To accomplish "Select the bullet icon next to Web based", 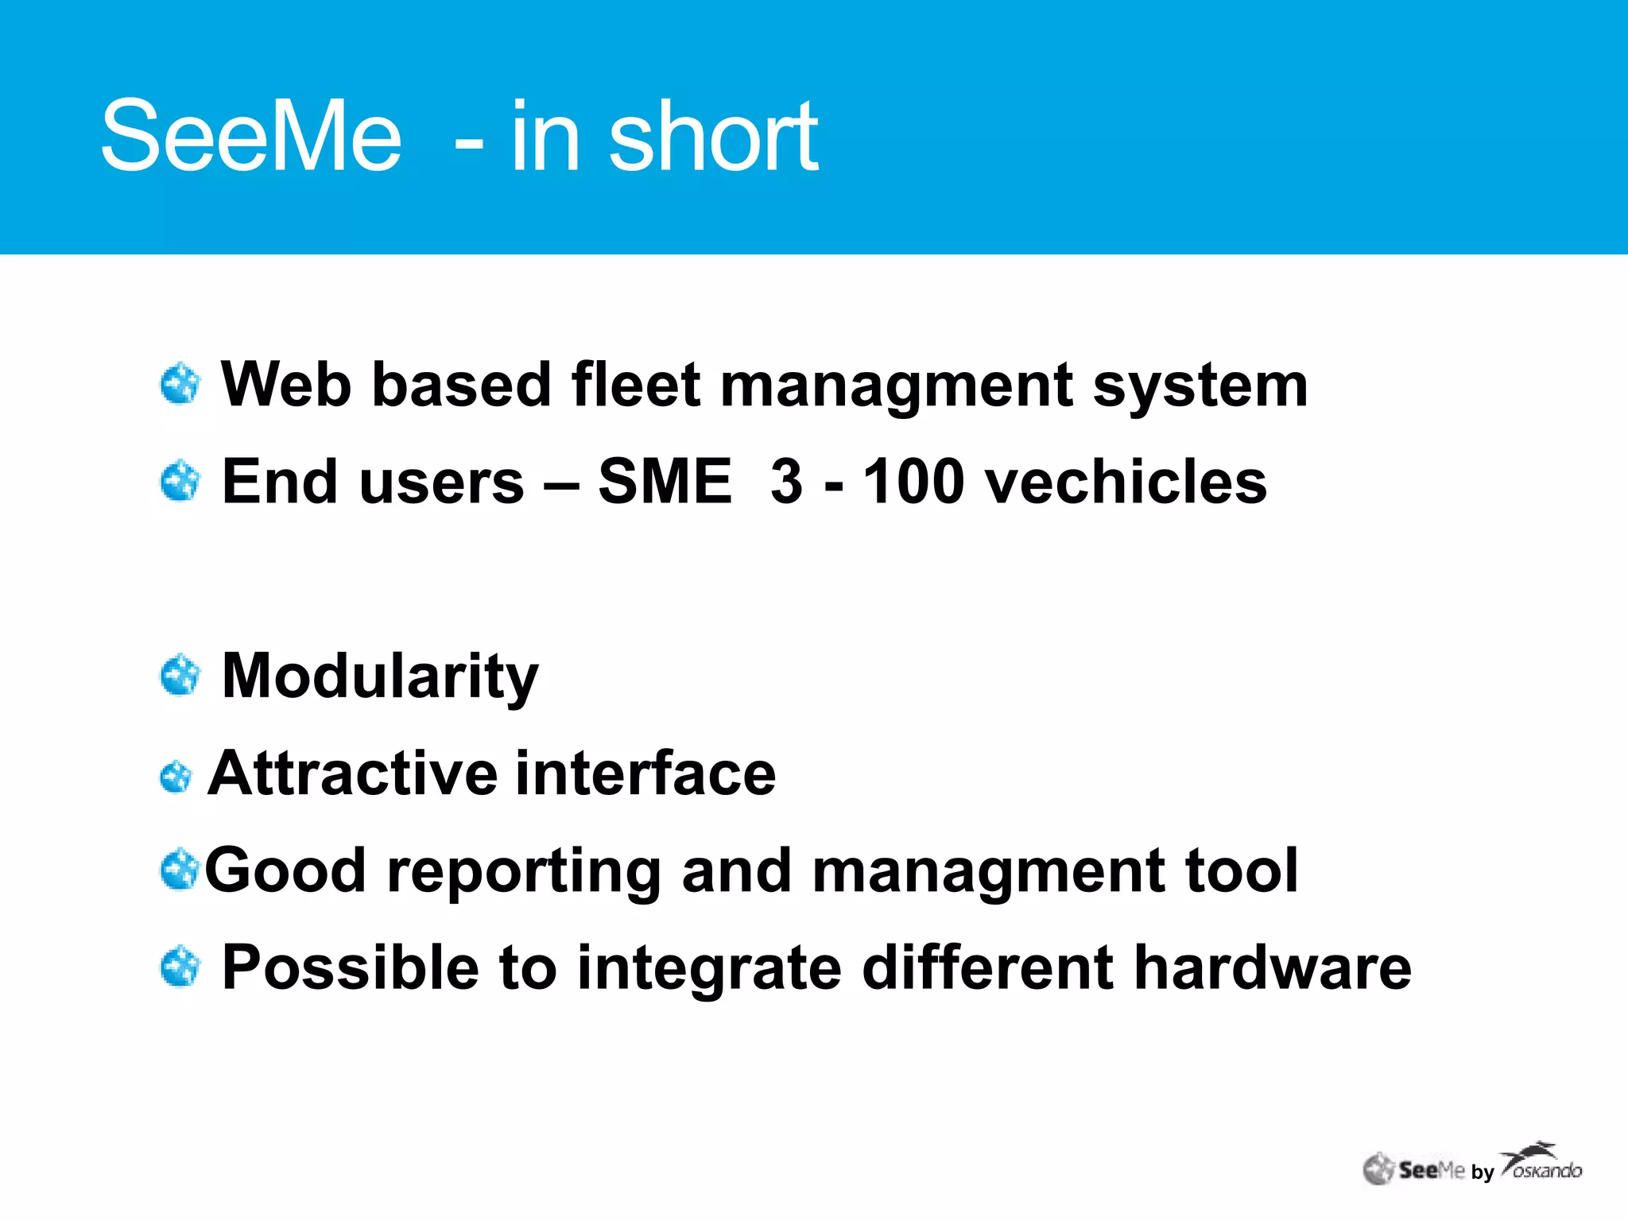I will coord(180,385).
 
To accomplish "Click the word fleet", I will coord(636,385).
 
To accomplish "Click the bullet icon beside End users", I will coord(180,481).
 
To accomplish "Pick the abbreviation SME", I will coord(665,482).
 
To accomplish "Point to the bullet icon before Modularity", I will coord(180,676).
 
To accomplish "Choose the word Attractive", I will coord(351,773).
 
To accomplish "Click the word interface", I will coord(645,773).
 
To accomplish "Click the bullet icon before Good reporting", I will coord(179,870).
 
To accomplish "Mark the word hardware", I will coord(1273,968).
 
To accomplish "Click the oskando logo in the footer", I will coord(1542,1163).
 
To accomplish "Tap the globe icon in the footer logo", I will coord(1378,1169).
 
